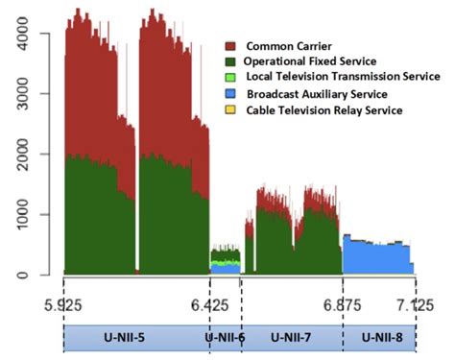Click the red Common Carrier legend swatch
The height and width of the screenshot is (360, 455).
click(x=231, y=45)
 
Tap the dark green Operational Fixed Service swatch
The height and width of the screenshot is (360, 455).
click(x=231, y=61)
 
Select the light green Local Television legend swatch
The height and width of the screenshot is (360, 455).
click(x=231, y=77)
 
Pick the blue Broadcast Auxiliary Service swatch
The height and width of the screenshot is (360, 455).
click(x=231, y=94)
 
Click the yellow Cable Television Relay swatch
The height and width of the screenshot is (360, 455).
click(x=231, y=110)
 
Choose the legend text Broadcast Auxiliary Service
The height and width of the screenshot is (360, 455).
click(x=317, y=94)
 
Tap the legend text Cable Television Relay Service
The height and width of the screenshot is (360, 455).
click(x=324, y=110)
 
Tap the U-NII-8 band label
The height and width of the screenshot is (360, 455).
click(x=380, y=338)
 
